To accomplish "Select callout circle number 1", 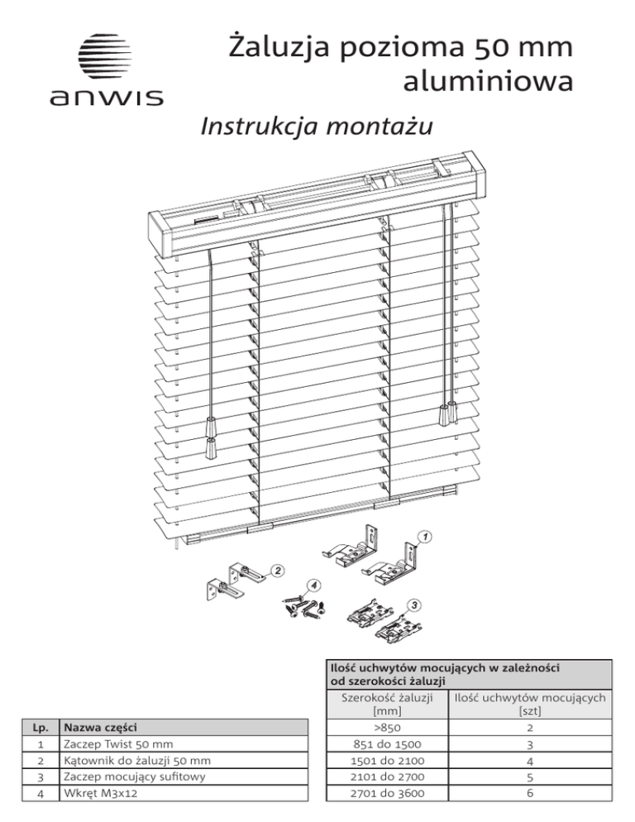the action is pyautogui.click(x=424, y=537).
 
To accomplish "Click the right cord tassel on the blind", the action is pyautogui.click(x=451, y=412).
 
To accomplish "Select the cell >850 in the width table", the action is pyautogui.click(x=387, y=729).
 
